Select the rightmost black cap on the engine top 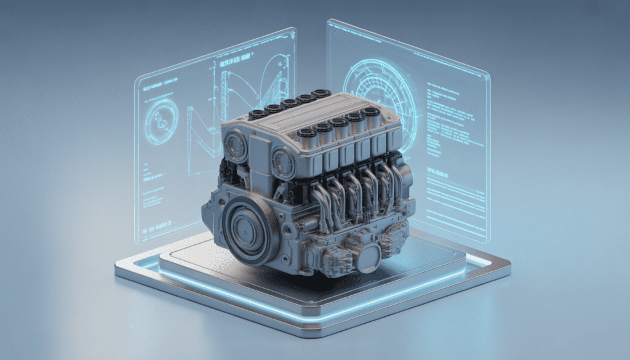click(370, 113)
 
